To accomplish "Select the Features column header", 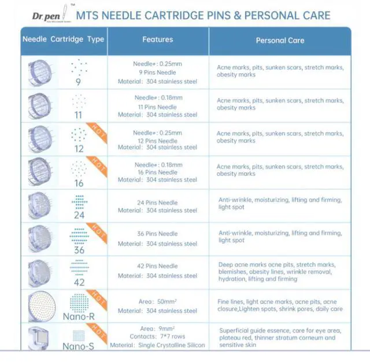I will pos(157,40).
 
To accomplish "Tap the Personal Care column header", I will pos(279,41).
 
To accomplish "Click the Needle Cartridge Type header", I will pos(63,40).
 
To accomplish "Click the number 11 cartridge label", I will pos(79,115).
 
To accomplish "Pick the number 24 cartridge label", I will pos(79,215).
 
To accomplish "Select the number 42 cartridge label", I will pos(79,282).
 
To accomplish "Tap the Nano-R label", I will pos(79,316).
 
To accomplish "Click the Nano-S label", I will pos(79,346).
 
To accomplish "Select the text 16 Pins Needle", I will pos(157,173).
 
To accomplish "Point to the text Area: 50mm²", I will pos(157,302).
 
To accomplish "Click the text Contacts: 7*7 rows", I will pos(157,336).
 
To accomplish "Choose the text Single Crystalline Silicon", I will pos(172,345).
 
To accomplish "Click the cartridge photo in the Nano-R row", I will pos(40,306).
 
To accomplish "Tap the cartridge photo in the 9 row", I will pos(40,73).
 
